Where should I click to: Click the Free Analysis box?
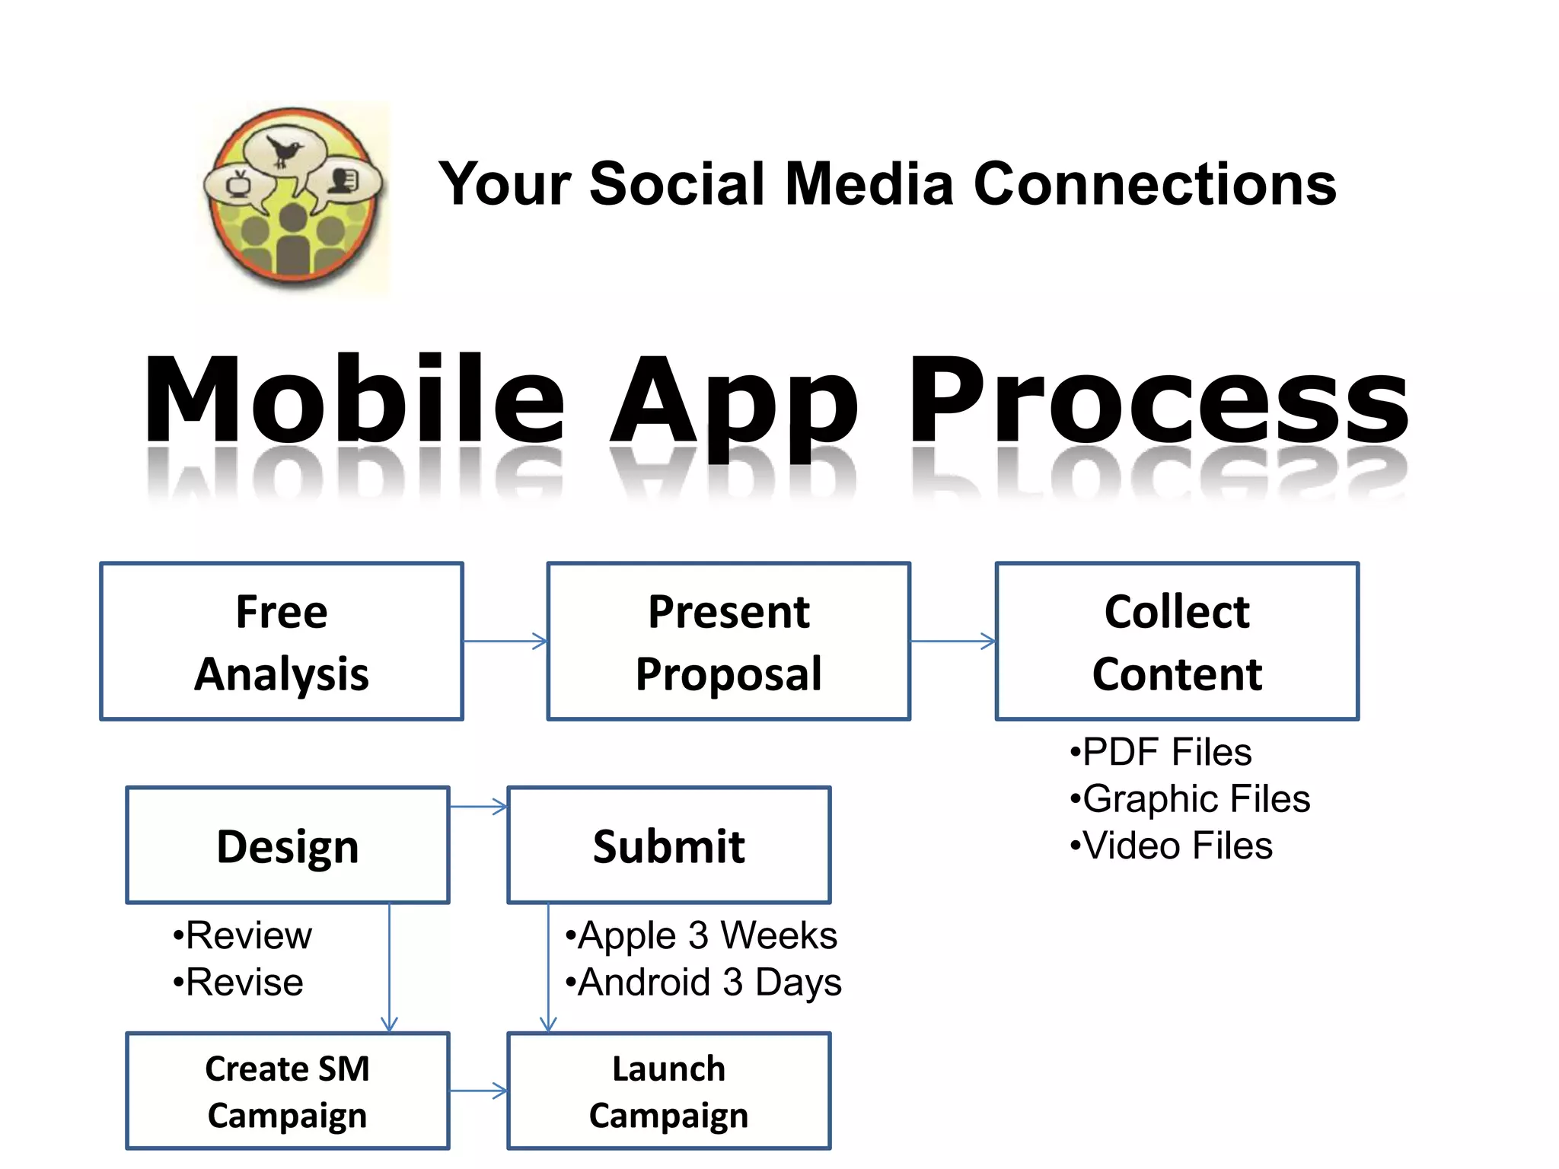click(x=282, y=642)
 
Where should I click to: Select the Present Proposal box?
click(x=728, y=642)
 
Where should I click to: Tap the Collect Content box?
click(x=1177, y=642)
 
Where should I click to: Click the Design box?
click(x=288, y=846)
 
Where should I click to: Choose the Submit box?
click(x=669, y=846)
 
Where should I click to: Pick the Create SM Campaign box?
click(x=288, y=1091)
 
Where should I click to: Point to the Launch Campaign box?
click(x=669, y=1091)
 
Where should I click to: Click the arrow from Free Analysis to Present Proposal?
click(x=505, y=642)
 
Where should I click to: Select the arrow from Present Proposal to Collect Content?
click(x=953, y=642)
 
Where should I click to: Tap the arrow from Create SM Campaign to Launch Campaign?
click(x=479, y=1091)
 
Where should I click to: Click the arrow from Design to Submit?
click(x=479, y=807)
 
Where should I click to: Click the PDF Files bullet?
click(x=1162, y=752)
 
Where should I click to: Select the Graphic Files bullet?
click(x=1191, y=799)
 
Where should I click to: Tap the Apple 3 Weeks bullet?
click(x=702, y=935)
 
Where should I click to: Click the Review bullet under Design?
click(x=243, y=935)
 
